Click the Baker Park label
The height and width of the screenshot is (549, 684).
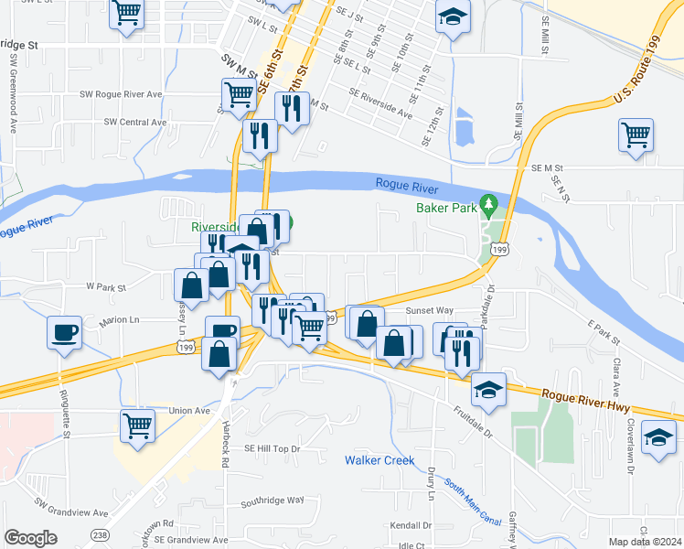tap(448, 208)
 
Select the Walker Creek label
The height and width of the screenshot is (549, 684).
tap(379, 459)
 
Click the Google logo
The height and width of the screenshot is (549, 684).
tap(30, 537)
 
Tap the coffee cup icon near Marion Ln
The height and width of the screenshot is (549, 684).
tap(66, 332)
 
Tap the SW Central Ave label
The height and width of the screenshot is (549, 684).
tap(135, 122)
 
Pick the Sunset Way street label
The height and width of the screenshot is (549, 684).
tap(430, 311)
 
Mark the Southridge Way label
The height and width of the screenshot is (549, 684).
tap(272, 501)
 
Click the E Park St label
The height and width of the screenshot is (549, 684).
tap(604, 332)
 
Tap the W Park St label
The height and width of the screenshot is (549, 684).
tap(104, 286)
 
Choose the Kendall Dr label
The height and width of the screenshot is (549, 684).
tap(411, 526)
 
